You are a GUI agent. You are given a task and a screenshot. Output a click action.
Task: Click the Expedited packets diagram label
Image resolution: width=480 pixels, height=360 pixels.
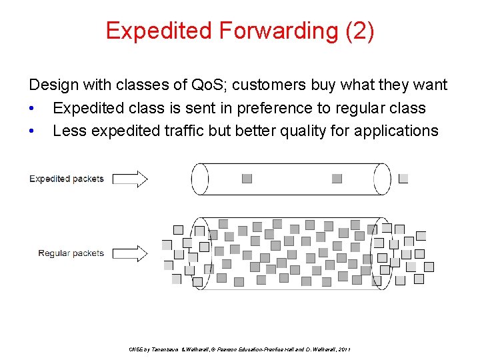[x=67, y=179]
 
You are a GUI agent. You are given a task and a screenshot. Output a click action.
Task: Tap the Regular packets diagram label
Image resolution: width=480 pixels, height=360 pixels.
[x=71, y=253]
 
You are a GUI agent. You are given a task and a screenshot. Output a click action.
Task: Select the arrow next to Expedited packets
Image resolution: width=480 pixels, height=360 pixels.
[x=130, y=179]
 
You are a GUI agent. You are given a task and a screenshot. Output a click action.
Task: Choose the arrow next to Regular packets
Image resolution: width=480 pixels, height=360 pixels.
[x=130, y=253]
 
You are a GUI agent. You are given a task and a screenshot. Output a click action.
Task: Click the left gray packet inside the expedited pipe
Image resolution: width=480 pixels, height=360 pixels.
[x=247, y=179]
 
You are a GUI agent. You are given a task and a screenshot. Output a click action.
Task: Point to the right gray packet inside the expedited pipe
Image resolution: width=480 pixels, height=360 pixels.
[x=337, y=179]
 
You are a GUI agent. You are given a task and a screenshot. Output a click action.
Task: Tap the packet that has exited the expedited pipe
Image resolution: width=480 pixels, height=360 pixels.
[x=403, y=179]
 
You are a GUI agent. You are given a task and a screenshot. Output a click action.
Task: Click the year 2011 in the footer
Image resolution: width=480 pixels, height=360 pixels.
[x=344, y=349]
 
